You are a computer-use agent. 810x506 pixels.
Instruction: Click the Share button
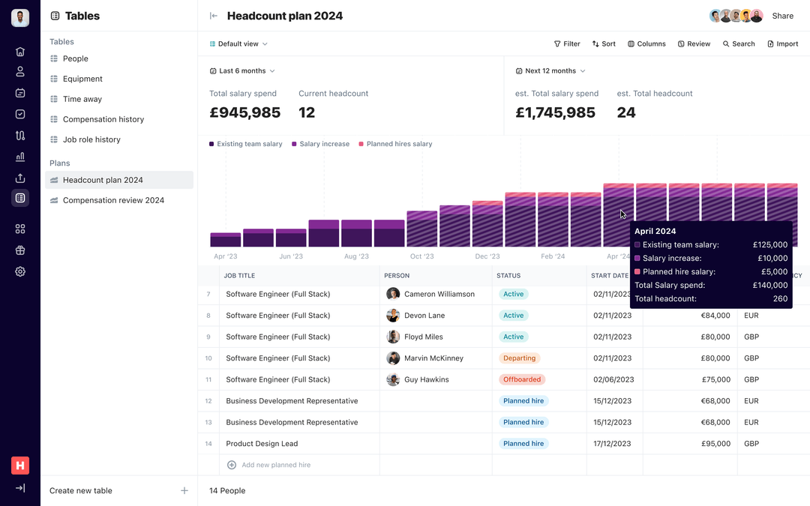[782, 16]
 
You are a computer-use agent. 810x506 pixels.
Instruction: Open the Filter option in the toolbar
[567, 44]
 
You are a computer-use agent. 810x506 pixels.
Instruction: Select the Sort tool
[604, 44]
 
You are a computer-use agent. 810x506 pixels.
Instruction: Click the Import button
[782, 44]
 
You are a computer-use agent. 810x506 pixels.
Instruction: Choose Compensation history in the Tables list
[103, 119]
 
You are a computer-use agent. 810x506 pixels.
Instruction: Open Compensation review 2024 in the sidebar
[113, 200]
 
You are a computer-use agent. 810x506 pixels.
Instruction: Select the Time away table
[82, 99]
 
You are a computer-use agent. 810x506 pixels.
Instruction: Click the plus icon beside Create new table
[184, 491]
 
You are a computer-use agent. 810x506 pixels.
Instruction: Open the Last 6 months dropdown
[242, 71]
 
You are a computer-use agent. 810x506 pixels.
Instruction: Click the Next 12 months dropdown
[550, 71]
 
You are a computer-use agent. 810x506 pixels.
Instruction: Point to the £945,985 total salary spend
[244, 112]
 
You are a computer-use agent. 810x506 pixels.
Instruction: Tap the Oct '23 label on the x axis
[421, 256]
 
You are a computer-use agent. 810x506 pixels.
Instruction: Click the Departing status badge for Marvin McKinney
[519, 358]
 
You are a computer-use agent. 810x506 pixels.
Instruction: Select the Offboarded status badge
[522, 379]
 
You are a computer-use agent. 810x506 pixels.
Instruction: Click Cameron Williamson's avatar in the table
[393, 294]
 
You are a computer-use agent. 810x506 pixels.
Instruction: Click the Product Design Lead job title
[262, 444]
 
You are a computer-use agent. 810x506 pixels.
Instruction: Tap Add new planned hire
[275, 465]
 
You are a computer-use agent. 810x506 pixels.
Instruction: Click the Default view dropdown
[238, 44]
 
